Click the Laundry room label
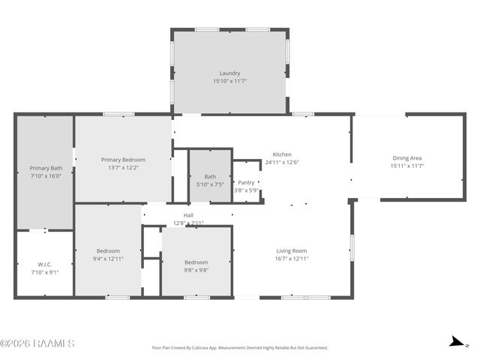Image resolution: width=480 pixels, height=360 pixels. pyautogui.click(x=229, y=73)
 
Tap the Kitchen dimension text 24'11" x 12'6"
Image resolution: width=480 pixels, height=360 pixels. pyautogui.click(x=282, y=162)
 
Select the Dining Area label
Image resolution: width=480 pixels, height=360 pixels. pyautogui.click(x=407, y=157)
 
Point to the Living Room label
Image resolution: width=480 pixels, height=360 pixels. pyautogui.click(x=292, y=250)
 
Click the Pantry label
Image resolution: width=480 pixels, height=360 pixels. pyautogui.click(x=246, y=182)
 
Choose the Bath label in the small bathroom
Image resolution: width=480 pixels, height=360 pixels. pyautogui.click(x=210, y=176)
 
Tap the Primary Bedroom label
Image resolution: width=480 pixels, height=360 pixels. pyautogui.click(x=124, y=159)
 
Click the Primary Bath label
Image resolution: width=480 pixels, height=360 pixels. pyautogui.click(x=46, y=168)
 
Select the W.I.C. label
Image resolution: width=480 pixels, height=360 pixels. pyautogui.click(x=45, y=264)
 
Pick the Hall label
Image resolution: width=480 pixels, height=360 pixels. pyautogui.click(x=188, y=215)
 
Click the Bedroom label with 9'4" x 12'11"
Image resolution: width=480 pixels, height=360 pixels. pyautogui.click(x=108, y=250)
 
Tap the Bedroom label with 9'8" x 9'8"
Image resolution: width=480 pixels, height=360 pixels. pyautogui.click(x=196, y=262)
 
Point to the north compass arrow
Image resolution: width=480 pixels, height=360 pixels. pyautogui.click(x=455, y=343)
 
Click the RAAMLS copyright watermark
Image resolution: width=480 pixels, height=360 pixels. pyautogui.click(x=37, y=343)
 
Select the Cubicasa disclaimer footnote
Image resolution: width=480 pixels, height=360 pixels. pyautogui.click(x=240, y=348)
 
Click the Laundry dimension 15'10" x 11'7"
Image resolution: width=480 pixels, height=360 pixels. pyautogui.click(x=229, y=81)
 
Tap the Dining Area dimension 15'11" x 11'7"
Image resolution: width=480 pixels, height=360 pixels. pyautogui.click(x=407, y=166)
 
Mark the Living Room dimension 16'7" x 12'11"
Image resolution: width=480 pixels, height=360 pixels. pyautogui.click(x=292, y=259)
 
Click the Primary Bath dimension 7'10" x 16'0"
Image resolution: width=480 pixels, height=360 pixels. pyautogui.click(x=46, y=176)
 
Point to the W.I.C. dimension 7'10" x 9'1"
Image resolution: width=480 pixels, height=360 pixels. pyautogui.click(x=45, y=272)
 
